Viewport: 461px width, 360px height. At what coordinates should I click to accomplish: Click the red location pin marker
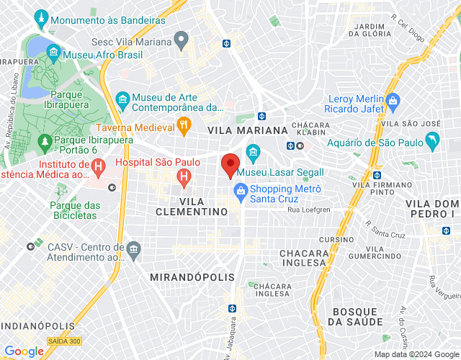point(230,165)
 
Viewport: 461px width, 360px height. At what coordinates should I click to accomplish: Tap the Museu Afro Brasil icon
point(53,53)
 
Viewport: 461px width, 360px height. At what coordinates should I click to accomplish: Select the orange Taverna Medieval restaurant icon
point(184,126)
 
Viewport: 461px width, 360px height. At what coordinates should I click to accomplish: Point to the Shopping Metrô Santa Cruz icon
point(240,190)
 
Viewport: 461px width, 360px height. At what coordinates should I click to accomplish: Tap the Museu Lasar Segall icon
point(252,152)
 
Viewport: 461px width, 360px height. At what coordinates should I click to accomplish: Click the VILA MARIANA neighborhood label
point(247,130)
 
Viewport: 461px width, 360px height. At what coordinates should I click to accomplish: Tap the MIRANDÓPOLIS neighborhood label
point(192,277)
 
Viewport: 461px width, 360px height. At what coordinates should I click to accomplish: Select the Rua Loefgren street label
point(308,210)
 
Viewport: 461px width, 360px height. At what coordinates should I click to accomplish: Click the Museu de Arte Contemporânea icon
point(122,98)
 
